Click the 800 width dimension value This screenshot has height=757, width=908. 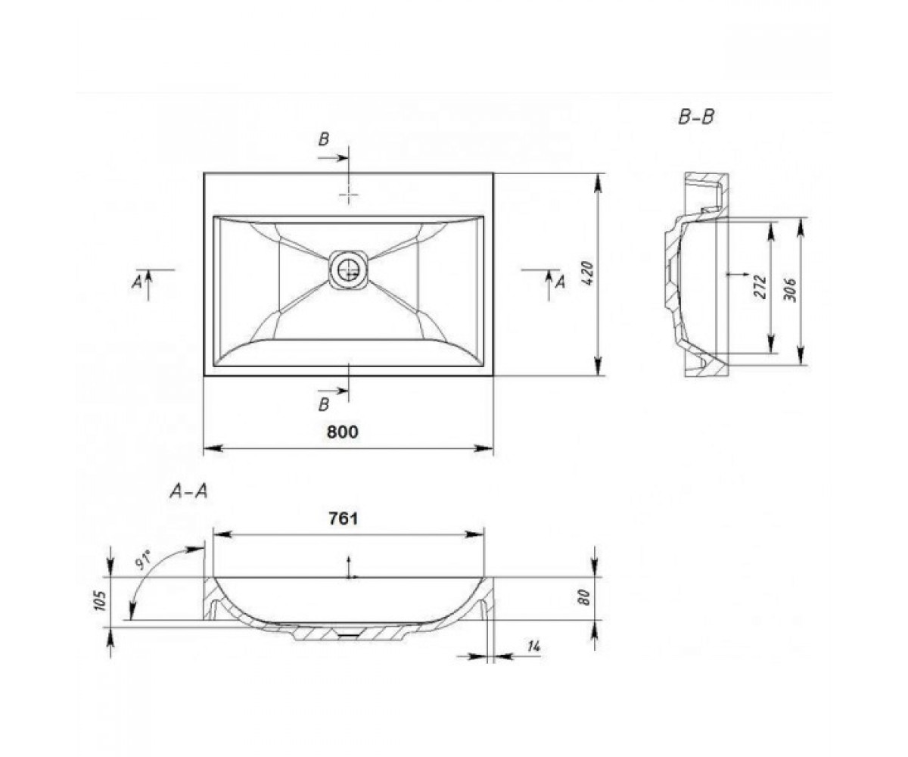point(343,432)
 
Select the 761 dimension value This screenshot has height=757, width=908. point(344,519)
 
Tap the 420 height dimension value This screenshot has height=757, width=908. point(587,273)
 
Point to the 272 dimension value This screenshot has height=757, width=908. point(760,286)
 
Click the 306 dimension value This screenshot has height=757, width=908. point(789,290)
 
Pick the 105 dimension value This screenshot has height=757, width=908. point(101,601)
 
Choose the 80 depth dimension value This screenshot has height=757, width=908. point(584,597)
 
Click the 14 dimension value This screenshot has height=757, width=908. point(533,646)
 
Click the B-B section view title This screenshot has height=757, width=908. point(696,117)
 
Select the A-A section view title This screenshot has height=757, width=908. point(188,491)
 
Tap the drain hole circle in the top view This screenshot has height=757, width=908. point(349,270)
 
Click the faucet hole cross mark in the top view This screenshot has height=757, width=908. point(348,194)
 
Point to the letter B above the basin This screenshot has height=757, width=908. point(324,139)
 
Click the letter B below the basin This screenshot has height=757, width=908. point(324,404)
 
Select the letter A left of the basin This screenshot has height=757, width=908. point(137,283)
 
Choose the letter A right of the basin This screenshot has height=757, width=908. point(561,282)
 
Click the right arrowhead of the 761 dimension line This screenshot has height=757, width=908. point(474,534)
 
